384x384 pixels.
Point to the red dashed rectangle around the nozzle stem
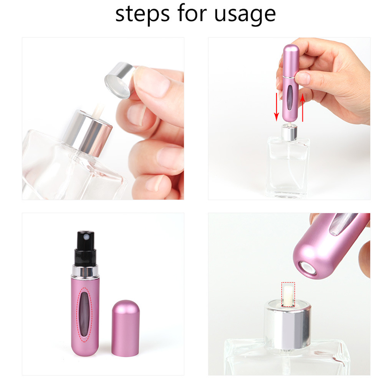coord(288,293)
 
